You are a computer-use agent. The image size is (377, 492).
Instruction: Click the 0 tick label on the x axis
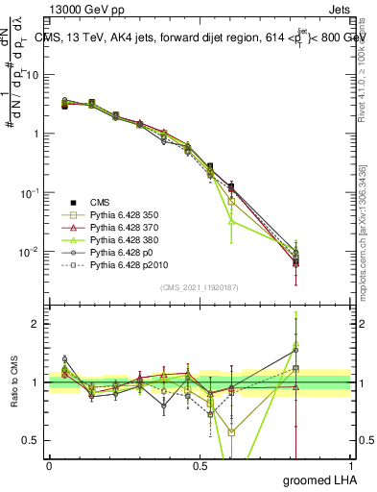click(49, 466)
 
